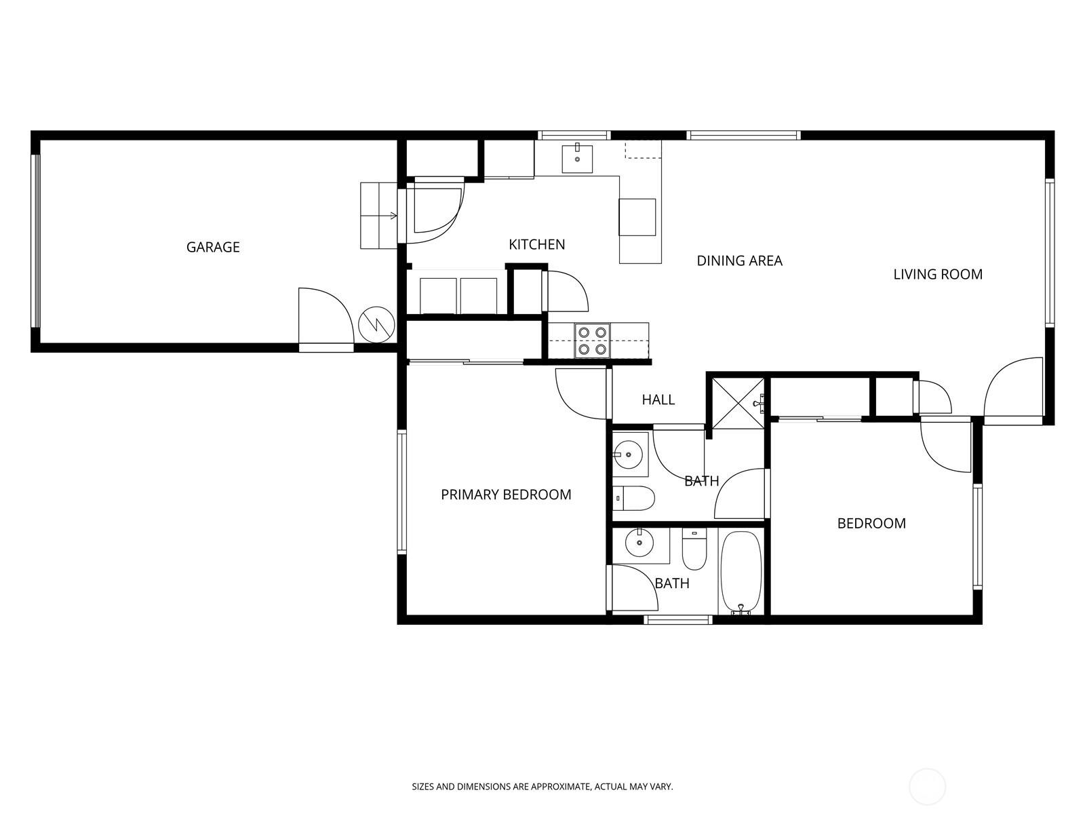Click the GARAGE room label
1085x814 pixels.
click(x=213, y=247)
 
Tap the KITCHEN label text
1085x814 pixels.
click(x=536, y=244)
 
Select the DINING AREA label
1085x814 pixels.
click(x=739, y=260)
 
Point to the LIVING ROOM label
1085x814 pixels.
click(x=937, y=274)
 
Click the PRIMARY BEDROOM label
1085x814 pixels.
click(x=506, y=495)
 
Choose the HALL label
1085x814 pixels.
click(x=658, y=400)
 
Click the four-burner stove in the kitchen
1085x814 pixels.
click(x=591, y=341)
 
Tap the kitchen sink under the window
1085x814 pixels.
click(x=576, y=159)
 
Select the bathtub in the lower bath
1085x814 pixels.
click(x=741, y=572)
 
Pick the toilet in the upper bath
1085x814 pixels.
click(x=633, y=499)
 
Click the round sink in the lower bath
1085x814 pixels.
click(x=639, y=543)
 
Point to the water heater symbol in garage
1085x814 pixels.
click(x=376, y=324)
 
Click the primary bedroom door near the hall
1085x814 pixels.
click(x=580, y=393)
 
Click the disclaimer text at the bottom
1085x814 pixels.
click(x=542, y=787)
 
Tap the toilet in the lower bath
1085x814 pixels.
click(x=694, y=551)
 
